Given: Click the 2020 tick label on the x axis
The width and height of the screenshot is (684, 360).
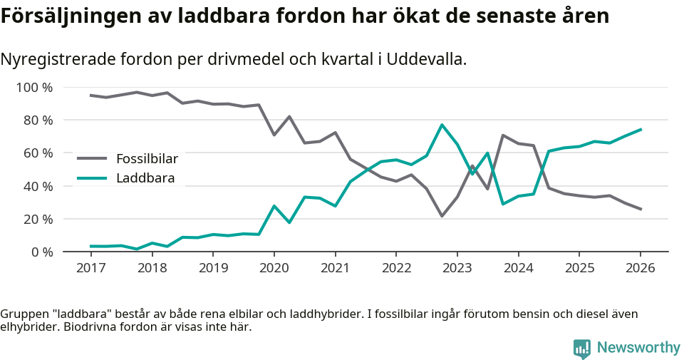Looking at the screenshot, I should (x=274, y=268).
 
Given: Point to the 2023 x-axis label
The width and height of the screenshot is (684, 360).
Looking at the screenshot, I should (x=457, y=268).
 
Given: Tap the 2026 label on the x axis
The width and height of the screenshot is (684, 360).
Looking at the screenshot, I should (x=640, y=268).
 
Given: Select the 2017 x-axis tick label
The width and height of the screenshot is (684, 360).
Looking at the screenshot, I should (x=90, y=268).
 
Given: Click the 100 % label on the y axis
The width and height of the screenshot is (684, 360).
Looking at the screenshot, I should (x=34, y=88).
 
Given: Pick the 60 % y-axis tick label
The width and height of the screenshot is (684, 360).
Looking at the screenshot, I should (x=37, y=153).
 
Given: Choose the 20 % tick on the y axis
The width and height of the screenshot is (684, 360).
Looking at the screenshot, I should (x=37, y=219).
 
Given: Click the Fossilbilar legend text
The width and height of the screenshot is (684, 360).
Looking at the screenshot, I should (x=147, y=158).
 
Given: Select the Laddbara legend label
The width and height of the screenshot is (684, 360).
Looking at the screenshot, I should (x=145, y=178).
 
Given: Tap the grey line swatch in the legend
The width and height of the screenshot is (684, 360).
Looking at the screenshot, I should (x=92, y=158).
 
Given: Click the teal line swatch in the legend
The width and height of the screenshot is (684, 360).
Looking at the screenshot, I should (x=92, y=178).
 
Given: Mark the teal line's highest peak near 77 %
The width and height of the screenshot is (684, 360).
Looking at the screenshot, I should (x=442, y=125).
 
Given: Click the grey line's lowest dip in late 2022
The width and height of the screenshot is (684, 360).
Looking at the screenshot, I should (x=442, y=215).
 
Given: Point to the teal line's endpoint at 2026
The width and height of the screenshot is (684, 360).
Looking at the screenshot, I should (x=641, y=130).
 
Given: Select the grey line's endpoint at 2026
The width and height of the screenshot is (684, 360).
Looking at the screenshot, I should (x=641, y=209).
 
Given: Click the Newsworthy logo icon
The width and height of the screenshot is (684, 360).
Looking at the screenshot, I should (x=582, y=348).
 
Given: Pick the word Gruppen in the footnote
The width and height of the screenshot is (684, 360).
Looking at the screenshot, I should (x=23, y=314).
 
